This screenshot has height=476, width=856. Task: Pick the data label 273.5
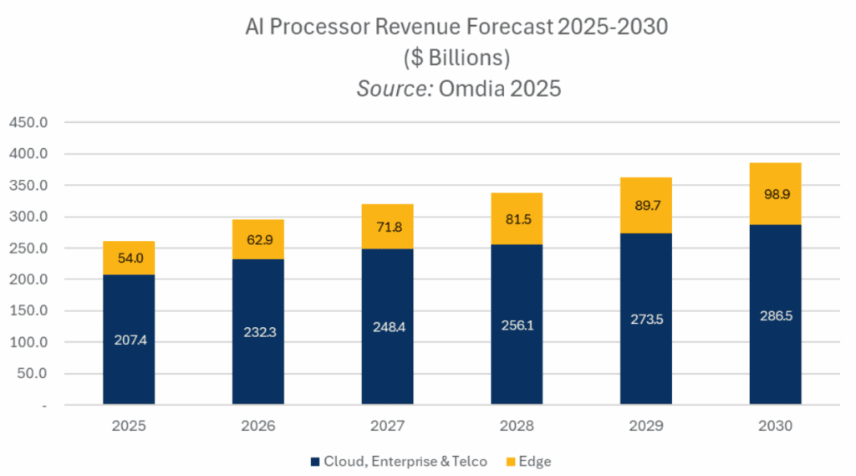point(645,319)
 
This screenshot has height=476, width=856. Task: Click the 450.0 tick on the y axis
point(30,123)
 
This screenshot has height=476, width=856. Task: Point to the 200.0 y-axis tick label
point(30,279)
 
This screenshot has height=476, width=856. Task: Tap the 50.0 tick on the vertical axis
point(33,373)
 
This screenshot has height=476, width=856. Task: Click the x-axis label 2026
point(258,425)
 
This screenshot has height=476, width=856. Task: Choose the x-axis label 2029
point(645,425)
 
